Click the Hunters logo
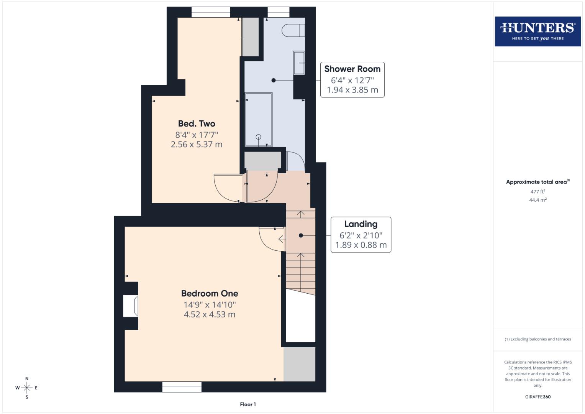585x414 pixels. [x=537, y=31]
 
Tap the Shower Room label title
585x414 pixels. [x=352, y=69]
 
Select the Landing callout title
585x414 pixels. [x=361, y=224]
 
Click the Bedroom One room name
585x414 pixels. [x=210, y=294]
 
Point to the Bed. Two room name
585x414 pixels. [x=197, y=124]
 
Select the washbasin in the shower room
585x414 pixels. [x=299, y=63]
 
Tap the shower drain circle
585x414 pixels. [x=259, y=137]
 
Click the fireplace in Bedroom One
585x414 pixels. [x=130, y=306]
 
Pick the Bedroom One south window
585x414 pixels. [x=182, y=387]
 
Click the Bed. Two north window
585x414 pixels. [x=211, y=12]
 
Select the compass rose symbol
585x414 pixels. [x=27, y=388]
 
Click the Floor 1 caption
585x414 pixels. [x=248, y=404]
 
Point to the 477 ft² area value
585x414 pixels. [x=537, y=192]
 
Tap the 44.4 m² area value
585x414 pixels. [x=537, y=200]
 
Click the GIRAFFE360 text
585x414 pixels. [x=537, y=397]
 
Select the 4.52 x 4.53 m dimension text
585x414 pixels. [x=210, y=315]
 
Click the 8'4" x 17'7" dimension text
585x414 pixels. [x=197, y=135]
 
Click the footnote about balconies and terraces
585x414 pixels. [x=537, y=339]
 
